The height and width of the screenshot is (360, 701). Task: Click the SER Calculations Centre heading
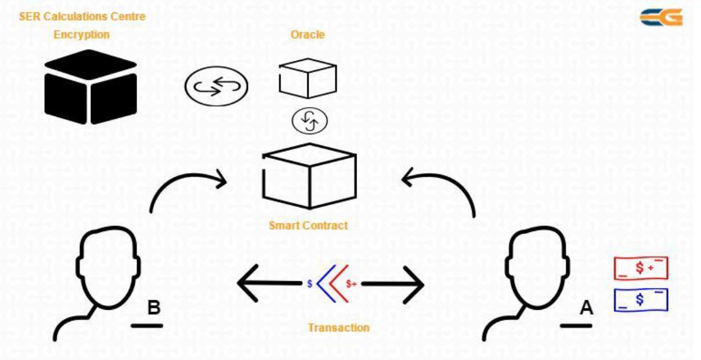pyautogui.click(x=82, y=17)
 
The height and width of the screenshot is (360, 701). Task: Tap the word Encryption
pyautogui.click(x=82, y=34)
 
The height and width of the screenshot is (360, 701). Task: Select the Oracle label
pyautogui.click(x=307, y=34)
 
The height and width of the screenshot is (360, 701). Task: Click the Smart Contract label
pyautogui.click(x=309, y=225)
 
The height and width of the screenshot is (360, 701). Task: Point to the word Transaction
pyautogui.click(x=339, y=327)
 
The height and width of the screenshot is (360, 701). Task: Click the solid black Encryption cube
pyautogui.click(x=91, y=87)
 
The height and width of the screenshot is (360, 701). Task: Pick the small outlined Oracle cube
pyautogui.click(x=307, y=78)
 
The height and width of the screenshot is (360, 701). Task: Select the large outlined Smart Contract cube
pyautogui.click(x=309, y=176)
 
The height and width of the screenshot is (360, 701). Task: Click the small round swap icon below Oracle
pyautogui.click(x=309, y=121)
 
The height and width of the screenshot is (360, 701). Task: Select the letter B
pyautogui.click(x=154, y=308)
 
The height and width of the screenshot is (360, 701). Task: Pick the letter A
pyautogui.click(x=586, y=307)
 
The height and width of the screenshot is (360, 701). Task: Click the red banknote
pyautogui.click(x=641, y=268)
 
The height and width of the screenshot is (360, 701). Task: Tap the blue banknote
pyautogui.click(x=641, y=300)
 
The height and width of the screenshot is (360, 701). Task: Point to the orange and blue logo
pyautogui.click(x=661, y=18)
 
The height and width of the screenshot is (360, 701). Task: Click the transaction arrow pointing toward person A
pyautogui.click(x=392, y=284)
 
